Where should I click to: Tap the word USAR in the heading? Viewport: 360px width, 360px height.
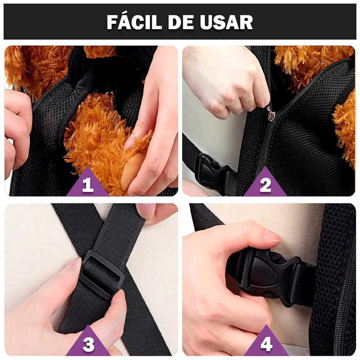226,22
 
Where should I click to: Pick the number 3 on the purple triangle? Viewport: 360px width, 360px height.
89,345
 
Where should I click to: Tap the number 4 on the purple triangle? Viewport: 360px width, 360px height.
266,344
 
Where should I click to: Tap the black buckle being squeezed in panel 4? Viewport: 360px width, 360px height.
270,275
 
